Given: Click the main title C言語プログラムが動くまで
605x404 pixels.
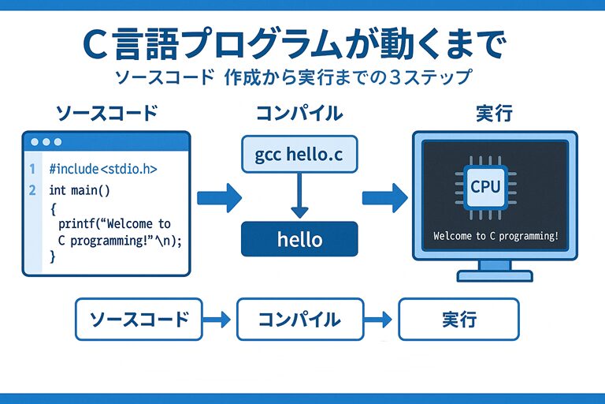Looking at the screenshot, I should click(x=291, y=45).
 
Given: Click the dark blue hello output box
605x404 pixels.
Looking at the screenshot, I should click(x=299, y=238).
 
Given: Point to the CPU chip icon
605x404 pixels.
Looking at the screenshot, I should click(x=484, y=187).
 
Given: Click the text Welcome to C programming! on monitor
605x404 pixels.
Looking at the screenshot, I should click(x=496, y=236).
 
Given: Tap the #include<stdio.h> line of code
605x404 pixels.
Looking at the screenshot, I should click(x=102, y=169).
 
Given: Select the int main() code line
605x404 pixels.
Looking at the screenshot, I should click(x=80, y=190).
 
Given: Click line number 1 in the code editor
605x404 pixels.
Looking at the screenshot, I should click(x=32, y=169).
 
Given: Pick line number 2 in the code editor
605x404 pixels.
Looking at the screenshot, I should click(x=32, y=190).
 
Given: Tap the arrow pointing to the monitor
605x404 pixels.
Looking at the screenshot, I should click(x=383, y=197).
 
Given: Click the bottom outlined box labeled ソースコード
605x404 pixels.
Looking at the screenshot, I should click(x=139, y=319).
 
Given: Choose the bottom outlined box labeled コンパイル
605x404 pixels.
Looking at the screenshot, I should click(x=299, y=319).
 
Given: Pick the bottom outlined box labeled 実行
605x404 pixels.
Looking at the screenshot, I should click(x=458, y=319).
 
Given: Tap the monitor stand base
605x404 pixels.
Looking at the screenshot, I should click(x=495, y=276).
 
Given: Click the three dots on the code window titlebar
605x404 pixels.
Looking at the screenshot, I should click(x=45, y=142).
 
